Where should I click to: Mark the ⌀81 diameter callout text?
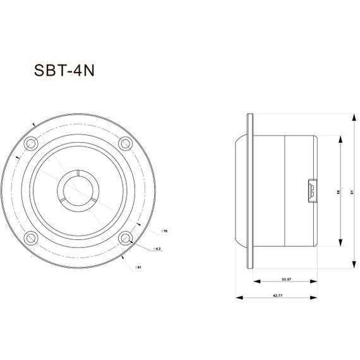point(138,268)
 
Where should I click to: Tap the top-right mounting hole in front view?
point(125,143)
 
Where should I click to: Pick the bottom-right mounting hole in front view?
point(125,237)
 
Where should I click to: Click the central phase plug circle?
point(78,190)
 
